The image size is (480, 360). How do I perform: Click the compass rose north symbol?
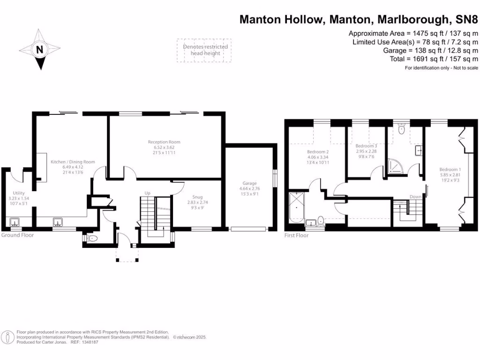(x=39, y=49)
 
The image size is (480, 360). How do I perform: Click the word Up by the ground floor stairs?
(x=147, y=193)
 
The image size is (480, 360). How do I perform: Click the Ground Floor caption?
(x=17, y=235)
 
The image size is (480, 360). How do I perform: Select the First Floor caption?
(x=297, y=235)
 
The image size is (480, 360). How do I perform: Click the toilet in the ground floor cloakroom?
(x=92, y=239)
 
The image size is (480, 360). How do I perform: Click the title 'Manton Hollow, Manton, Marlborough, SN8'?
(x=360, y=19)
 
